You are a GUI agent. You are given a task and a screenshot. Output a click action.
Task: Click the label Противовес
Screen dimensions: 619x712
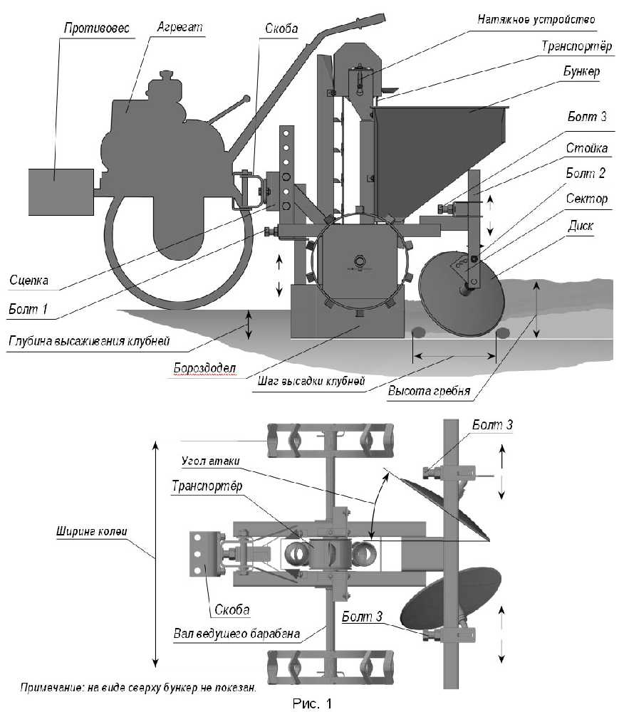[96, 28]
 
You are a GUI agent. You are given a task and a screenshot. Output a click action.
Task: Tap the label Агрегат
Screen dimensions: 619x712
[180, 27]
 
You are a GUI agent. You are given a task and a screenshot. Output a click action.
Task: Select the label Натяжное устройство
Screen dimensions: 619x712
[536, 19]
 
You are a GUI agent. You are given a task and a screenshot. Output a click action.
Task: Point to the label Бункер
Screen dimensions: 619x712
[582, 71]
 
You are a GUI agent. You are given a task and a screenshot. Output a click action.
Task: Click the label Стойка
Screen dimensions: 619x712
[587, 147]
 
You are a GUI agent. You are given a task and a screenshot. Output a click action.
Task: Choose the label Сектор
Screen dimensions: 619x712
[587, 199]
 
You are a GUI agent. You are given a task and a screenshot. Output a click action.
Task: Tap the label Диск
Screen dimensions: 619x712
[581, 225]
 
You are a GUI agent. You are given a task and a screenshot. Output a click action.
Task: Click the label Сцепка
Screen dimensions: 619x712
[29, 280]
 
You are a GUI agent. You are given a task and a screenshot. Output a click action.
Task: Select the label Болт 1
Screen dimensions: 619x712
[28, 309]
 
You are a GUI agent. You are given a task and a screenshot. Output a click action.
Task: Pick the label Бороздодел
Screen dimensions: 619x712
[205, 368]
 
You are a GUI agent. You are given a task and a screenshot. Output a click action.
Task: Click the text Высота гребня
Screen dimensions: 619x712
[429, 391]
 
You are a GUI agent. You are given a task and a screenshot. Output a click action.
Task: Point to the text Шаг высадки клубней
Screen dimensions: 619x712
[311, 380]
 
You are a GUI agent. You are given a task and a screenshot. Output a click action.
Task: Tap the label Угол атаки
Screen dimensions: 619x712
[210, 461]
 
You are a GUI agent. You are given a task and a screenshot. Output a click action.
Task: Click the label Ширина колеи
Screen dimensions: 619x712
[92, 531]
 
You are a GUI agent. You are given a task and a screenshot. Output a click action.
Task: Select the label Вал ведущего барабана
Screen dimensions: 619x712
[236, 634]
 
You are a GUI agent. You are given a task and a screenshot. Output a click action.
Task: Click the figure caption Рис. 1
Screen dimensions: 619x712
[313, 703]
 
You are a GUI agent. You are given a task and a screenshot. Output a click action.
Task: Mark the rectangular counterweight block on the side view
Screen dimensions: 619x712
[61, 192]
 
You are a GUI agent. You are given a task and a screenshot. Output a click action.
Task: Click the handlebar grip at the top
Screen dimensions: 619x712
[370, 20]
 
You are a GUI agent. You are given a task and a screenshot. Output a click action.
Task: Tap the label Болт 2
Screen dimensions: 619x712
[586, 173]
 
